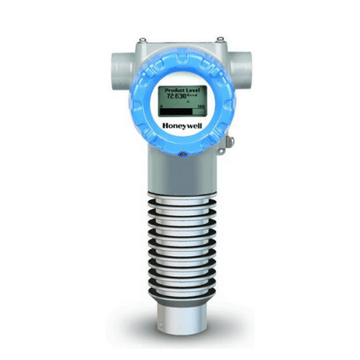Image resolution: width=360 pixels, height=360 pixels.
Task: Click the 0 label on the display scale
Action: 158,106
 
